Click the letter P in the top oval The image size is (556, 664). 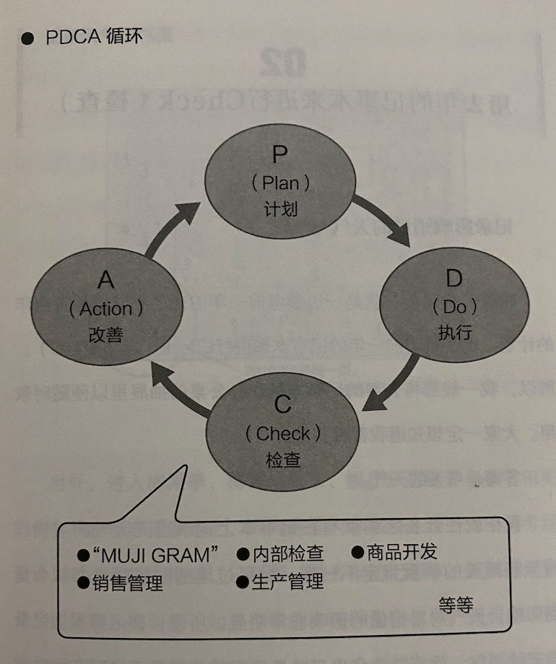coord(280,156)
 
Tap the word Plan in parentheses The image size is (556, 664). coord(281,183)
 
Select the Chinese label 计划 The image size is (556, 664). coord(281,210)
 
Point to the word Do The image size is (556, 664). coord(455,307)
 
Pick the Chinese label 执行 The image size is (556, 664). coord(455,333)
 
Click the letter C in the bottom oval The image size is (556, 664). coord(283,404)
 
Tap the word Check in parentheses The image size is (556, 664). coord(283,433)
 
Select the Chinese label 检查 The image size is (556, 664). coord(283,460)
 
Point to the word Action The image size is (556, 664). coord(106,309)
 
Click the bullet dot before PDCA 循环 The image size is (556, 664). coord(27,39)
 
